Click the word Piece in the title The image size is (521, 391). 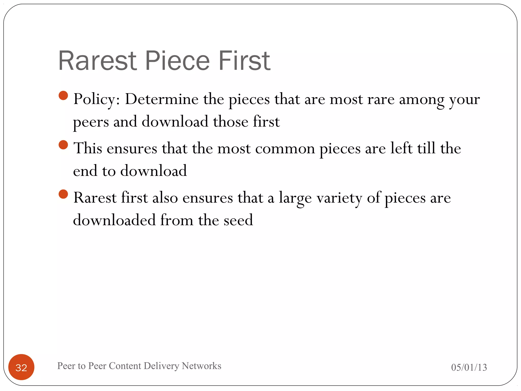[178, 61]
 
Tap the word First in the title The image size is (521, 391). [244, 61]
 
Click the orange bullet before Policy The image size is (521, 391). [63, 96]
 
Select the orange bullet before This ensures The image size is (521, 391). [63, 145]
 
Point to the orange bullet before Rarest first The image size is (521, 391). [63, 194]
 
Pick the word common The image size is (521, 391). [285, 149]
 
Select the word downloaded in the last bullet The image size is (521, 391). [114, 220]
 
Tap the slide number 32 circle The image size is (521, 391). [21, 367]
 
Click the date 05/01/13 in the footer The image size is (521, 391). [469, 367]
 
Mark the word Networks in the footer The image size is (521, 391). [201, 366]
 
